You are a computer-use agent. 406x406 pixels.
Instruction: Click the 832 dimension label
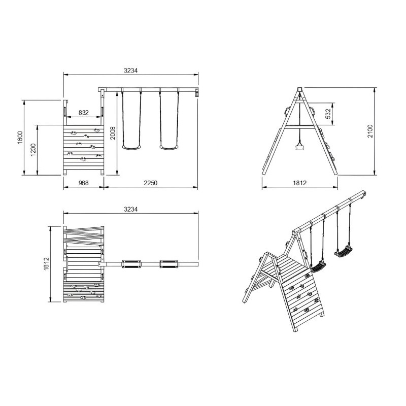coord(84,113)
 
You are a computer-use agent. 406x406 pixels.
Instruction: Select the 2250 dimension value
coord(151,183)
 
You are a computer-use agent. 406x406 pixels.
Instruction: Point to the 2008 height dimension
coord(114,133)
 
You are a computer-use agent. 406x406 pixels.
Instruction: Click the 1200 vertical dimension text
coord(33,150)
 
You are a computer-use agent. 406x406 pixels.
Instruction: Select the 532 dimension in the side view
coord(328,114)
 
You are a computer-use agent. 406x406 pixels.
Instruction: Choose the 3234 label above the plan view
coord(130,209)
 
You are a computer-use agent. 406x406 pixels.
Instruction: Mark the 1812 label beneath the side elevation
coord(299,183)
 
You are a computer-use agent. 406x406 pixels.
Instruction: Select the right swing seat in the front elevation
coord(169,148)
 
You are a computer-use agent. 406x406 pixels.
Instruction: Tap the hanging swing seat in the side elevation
coord(299,147)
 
